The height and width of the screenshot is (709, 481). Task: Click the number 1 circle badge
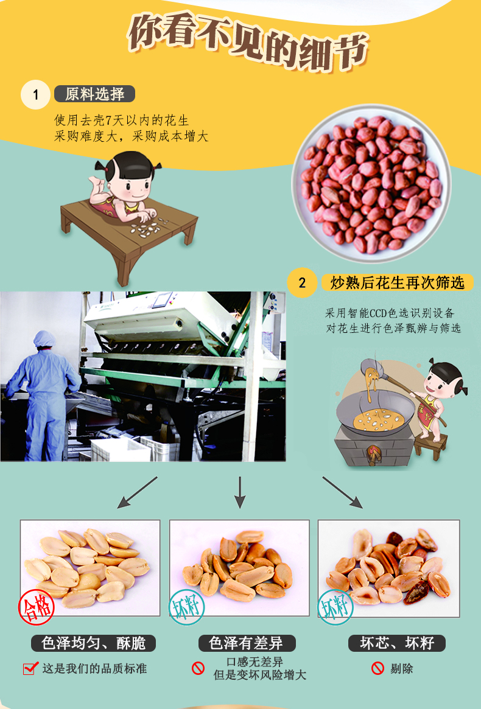click(35, 94)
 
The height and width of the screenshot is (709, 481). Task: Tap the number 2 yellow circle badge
click(302, 282)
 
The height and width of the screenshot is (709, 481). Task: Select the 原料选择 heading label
click(94, 94)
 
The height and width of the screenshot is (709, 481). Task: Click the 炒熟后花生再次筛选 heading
click(398, 282)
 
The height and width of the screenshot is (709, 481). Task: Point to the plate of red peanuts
click(371, 184)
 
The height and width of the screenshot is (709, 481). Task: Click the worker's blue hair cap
click(44, 338)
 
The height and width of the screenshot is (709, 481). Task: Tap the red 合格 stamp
click(36, 607)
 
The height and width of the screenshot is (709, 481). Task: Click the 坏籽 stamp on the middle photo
click(186, 607)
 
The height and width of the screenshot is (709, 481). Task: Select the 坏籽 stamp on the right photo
click(335, 607)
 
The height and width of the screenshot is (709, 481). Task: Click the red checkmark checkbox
click(30, 668)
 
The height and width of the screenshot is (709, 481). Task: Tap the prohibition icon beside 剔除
click(378, 668)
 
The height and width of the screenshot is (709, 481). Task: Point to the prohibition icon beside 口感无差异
click(198, 668)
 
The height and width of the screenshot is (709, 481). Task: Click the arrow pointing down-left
click(137, 492)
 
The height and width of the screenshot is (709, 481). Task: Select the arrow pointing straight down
click(240, 492)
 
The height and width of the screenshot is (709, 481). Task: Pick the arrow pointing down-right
click(343, 492)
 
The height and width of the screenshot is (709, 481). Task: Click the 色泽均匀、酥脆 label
click(93, 643)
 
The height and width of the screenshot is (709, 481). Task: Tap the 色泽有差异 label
click(247, 643)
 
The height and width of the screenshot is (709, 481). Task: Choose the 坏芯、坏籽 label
click(397, 643)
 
